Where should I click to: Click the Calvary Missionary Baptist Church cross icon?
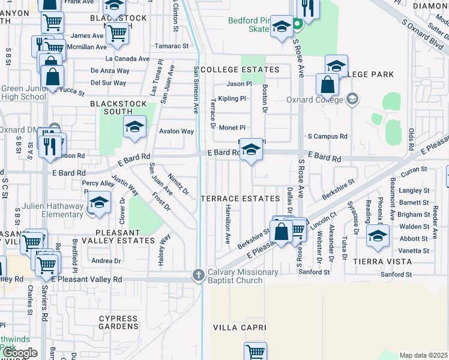(199, 275)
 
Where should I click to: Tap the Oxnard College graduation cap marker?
(353, 98)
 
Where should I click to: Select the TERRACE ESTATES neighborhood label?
(240, 198)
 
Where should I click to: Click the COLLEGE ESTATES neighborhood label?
(240, 70)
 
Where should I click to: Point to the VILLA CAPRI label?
(240, 328)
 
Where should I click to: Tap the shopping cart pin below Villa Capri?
(256, 352)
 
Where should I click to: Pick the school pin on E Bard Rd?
(251, 150)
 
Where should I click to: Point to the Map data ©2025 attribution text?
(423, 355)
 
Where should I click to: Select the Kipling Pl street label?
(232, 98)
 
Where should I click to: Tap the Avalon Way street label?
(176, 131)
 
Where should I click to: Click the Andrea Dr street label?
(106, 261)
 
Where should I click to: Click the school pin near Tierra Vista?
(378, 236)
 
